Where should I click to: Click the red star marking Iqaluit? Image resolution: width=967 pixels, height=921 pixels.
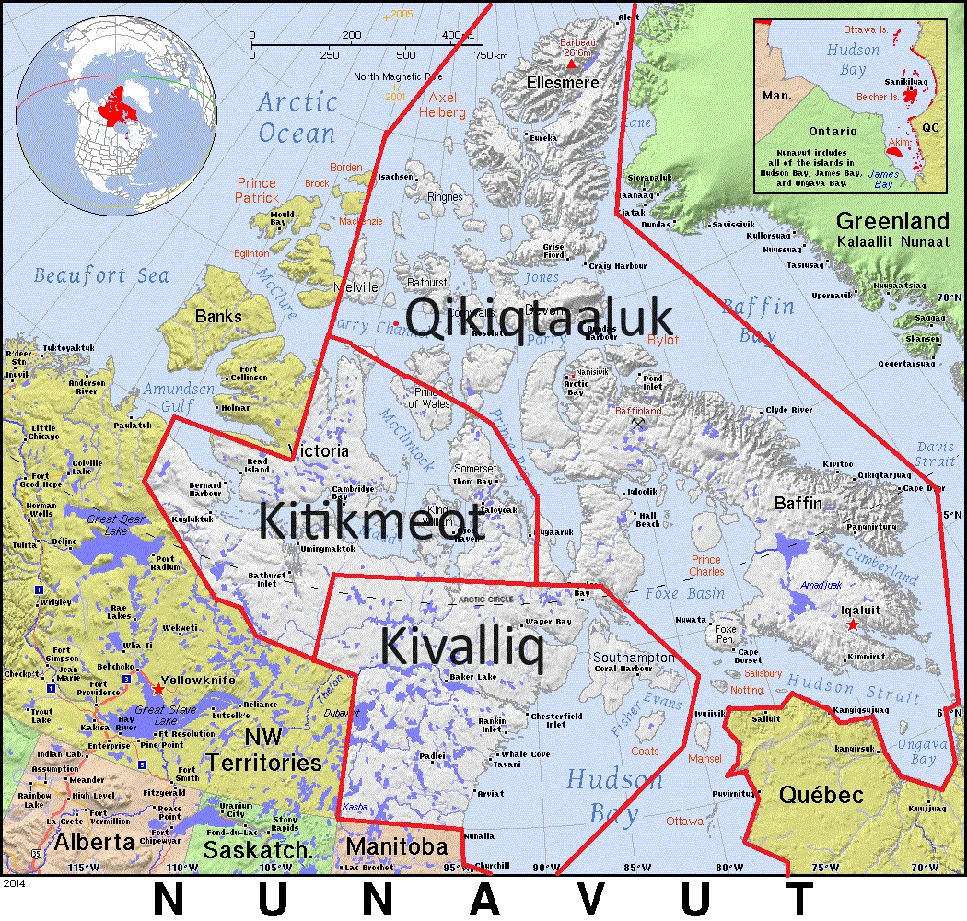coord(853,625)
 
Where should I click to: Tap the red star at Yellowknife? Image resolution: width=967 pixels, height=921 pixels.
coord(158,689)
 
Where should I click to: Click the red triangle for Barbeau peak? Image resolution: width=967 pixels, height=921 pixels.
coord(571,64)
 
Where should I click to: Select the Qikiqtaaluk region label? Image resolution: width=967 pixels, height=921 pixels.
coord(540,319)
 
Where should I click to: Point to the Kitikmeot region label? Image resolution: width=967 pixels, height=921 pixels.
coord(370,520)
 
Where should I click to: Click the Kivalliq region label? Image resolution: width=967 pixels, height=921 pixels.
coord(461,647)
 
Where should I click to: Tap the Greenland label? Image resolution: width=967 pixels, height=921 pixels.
coord(892,221)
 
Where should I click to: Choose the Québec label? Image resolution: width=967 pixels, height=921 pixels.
coord(821,794)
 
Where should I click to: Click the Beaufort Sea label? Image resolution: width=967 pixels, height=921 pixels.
coord(101,274)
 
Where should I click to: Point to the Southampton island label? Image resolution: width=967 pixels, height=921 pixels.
coord(634,658)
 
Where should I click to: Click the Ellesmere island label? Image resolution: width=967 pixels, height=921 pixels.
coord(563,83)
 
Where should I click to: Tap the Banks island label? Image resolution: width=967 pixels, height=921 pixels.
coord(218,317)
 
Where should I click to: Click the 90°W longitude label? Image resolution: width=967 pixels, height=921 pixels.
coord(545,867)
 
